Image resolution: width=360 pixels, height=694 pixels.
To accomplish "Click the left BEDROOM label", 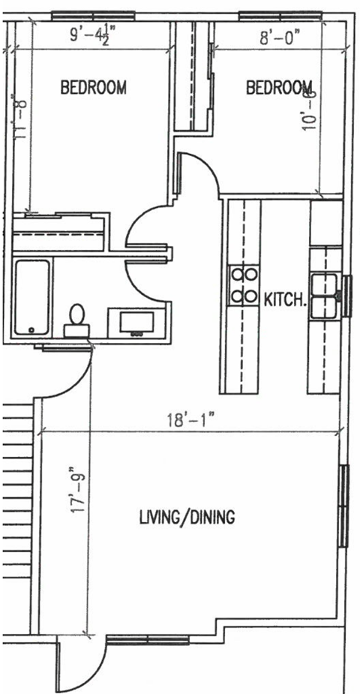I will pos(93,87).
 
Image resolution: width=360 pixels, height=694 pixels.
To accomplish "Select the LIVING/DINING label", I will pos(187,517).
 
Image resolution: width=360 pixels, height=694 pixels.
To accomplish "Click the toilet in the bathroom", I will pos(76,320).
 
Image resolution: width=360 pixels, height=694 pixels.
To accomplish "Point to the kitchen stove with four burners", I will pos(244,285).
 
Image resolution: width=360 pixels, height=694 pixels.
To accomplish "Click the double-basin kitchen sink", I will pos(325,296).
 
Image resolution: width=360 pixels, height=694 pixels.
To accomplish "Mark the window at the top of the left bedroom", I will pos(93,14).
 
